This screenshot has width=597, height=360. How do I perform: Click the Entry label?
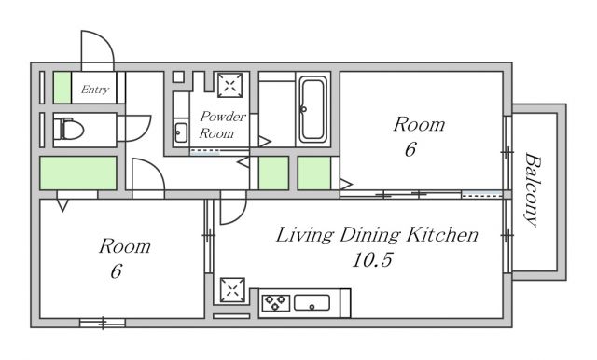[95, 90]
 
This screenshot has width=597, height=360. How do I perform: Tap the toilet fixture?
[69, 130]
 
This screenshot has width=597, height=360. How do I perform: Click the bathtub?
[313, 109]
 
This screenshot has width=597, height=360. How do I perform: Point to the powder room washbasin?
[180, 132]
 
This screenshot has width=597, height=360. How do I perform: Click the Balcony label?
[533, 189]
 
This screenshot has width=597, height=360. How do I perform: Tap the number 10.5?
[372, 260]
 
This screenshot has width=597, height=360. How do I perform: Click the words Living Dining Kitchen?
[377, 235]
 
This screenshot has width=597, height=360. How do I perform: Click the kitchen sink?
[312, 303]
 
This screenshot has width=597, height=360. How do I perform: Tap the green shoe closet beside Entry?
[62, 87]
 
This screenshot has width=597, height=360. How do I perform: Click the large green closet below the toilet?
[78, 173]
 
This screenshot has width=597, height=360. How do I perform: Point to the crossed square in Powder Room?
[230, 85]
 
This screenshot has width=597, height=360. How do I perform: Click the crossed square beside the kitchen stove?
[232, 290]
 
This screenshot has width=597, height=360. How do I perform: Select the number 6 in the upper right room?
[410, 149]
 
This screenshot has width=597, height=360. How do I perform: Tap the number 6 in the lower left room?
[116, 271]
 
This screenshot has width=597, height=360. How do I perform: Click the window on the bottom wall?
[103, 323]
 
